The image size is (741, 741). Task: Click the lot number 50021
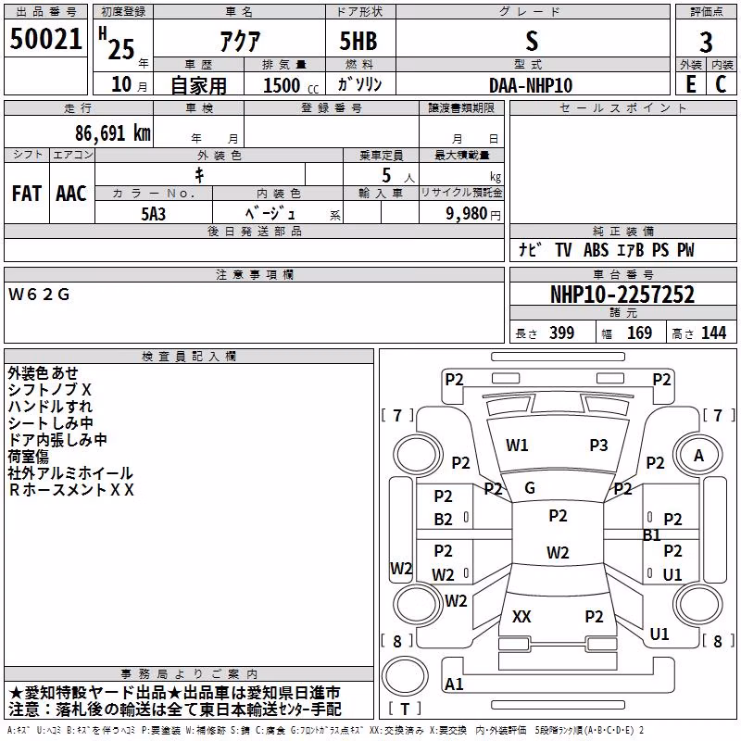(45, 38)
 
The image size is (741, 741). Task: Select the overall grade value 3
(706, 42)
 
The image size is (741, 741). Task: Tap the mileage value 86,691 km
(112, 133)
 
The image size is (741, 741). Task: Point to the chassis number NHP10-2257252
(622, 295)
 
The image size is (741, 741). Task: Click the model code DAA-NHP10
(531, 85)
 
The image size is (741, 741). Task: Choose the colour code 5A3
(153, 214)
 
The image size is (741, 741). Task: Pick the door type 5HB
(358, 41)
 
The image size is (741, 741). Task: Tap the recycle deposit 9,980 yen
(472, 214)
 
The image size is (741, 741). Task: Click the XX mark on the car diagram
(521, 616)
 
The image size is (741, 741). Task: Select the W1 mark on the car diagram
(517, 446)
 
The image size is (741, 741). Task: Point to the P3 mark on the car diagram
(598, 446)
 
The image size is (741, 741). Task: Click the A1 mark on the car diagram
(454, 684)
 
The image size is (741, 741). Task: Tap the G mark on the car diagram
(530, 488)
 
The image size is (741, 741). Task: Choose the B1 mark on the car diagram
(652, 535)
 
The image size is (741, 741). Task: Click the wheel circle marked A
(698, 456)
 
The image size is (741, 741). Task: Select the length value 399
(561, 333)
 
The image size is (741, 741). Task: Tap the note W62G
(39, 295)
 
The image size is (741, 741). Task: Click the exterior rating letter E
(690, 84)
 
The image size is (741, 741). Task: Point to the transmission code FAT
(27, 194)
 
